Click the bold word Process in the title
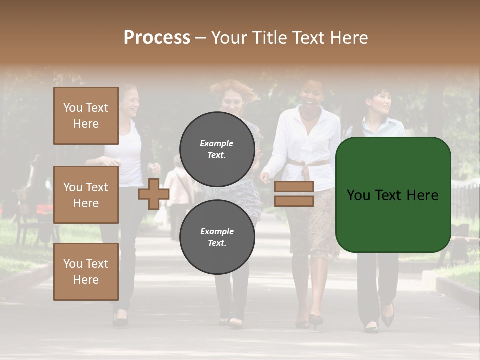click(157, 38)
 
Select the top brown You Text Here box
click(86, 116)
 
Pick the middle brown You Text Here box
click(86, 195)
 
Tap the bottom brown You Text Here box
click(86, 272)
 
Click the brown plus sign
click(153, 194)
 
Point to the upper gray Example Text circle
click(217, 149)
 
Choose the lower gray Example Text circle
click(217, 237)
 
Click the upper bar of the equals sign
click(294, 187)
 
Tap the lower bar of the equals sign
click(294, 201)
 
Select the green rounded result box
click(393, 195)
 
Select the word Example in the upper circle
click(217, 144)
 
